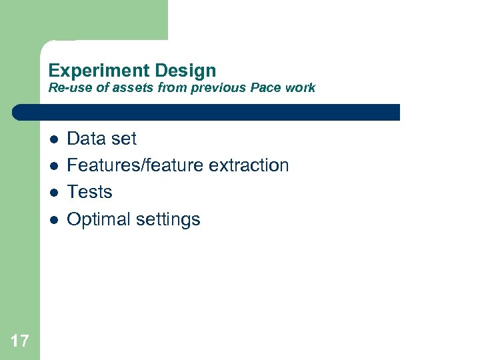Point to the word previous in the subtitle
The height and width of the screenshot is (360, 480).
219,88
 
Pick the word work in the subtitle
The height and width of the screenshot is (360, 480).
300,88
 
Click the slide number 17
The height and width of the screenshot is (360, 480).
20,341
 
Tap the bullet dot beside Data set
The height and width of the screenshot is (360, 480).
53,139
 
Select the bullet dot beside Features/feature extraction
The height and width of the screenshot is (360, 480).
53,166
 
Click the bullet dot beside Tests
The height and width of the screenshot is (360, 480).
53,193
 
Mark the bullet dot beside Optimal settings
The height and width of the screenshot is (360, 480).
53,219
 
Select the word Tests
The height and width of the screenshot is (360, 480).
90,192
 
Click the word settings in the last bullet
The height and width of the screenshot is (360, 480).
169,219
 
